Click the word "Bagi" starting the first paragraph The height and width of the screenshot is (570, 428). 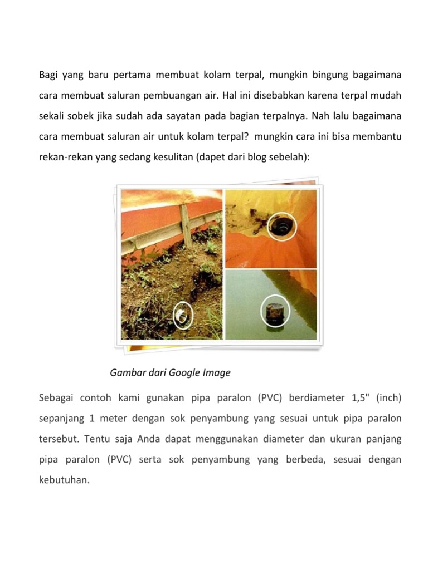point(48,74)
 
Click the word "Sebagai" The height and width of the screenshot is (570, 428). point(57,399)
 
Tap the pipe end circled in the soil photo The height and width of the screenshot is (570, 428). point(182,316)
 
